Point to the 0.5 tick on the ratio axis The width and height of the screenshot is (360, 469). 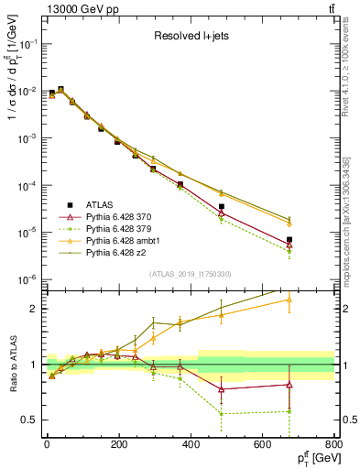pos(29,420)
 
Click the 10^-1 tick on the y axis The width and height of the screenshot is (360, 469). pos(28,43)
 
